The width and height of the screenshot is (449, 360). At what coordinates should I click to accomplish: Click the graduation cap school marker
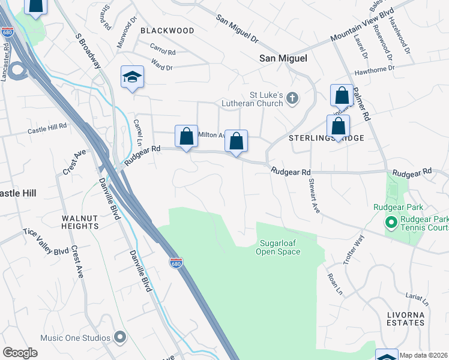[132, 77]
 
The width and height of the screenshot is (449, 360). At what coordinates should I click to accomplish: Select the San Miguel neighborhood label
[283, 58]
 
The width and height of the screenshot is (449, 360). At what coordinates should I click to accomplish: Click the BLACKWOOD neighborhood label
[167, 31]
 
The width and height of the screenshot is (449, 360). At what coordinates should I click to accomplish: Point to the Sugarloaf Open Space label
[280, 248]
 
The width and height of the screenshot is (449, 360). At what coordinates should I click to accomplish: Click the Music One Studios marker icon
[119, 336]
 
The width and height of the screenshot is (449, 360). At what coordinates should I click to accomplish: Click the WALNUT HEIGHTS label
[79, 222]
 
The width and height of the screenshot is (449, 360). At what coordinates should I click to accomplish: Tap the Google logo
[20, 353]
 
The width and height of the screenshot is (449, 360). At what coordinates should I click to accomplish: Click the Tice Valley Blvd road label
[46, 242]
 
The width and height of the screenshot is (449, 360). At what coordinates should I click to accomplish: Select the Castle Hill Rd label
[47, 128]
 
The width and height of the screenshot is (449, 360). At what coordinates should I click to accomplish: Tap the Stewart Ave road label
[313, 195]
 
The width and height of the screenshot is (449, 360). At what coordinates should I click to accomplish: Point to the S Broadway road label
[88, 50]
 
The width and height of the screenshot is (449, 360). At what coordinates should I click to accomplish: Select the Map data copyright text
[424, 355]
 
